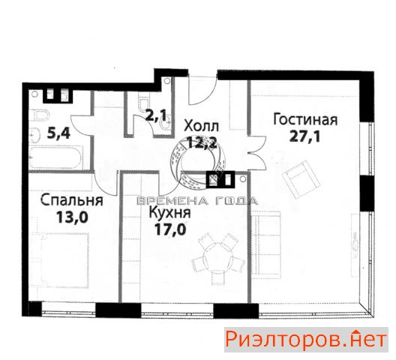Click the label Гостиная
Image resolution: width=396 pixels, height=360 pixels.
(x=305, y=120)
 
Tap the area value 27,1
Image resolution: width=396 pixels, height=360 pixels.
(x=304, y=137)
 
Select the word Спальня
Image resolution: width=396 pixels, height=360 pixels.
(x=72, y=200)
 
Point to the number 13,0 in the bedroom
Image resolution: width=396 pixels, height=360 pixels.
(x=72, y=217)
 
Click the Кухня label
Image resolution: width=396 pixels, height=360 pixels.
(x=169, y=213)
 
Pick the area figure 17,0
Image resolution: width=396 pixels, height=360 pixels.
(x=170, y=229)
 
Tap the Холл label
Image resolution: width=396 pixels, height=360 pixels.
(x=201, y=126)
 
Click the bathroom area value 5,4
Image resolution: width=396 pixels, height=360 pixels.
(x=58, y=133)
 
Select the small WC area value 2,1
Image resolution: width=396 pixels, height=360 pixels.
(x=157, y=115)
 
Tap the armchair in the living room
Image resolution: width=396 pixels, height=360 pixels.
(x=301, y=178)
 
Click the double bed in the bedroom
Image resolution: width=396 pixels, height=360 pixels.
(x=61, y=260)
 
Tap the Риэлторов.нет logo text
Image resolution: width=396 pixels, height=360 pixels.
(x=306, y=339)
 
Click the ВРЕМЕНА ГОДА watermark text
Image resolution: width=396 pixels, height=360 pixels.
(x=197, y=201)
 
